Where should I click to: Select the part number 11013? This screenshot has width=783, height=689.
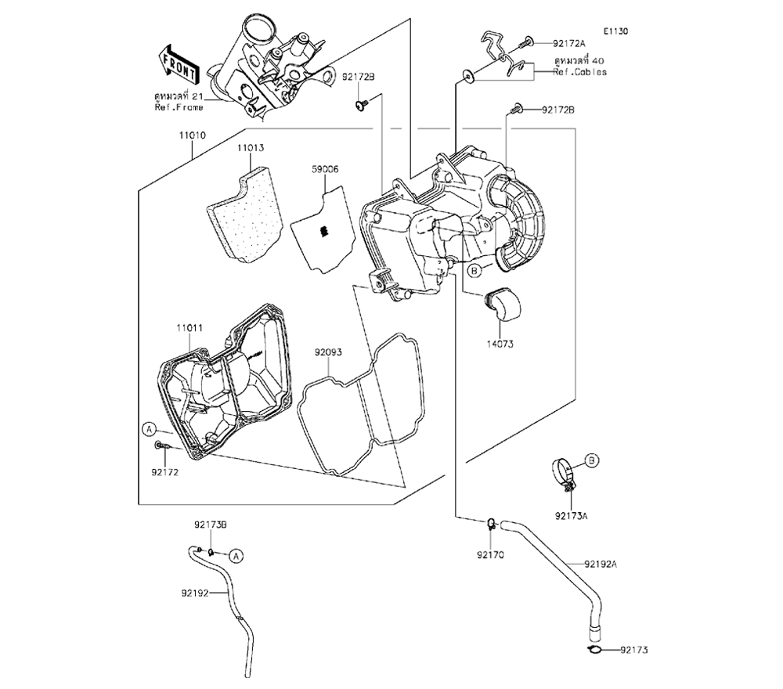[x=251, y=146]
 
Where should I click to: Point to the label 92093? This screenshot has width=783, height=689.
[x=329, y=352]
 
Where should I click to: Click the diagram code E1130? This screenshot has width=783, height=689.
[x=616, y=31]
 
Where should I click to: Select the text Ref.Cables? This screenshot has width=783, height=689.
[x=579, y=72]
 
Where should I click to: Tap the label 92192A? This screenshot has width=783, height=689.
[x=601, y=564]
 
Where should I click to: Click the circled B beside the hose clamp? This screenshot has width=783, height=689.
[x=591, y=460]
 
